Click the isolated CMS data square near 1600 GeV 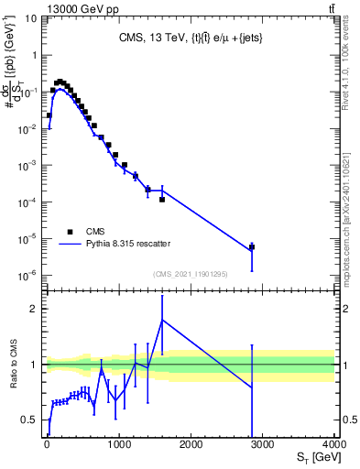pyautogui.click(x=162, y=199)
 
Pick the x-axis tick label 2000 pyautogui.click(x=191, y=444)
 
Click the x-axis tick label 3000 pyautogui.click(x=263, y=444)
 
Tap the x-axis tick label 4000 pyautogui.click(x=334, y=444)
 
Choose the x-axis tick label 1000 pyautogui.click(x=119, y=444)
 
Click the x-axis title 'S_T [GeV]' pyautogui.click(x=314, y=457)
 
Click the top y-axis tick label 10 pyautogui.click(x=30, y=18)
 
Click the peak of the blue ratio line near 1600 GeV pyautogui.click(x=162, y=320)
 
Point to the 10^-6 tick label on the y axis pyautogui.click(x=28, y=275)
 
